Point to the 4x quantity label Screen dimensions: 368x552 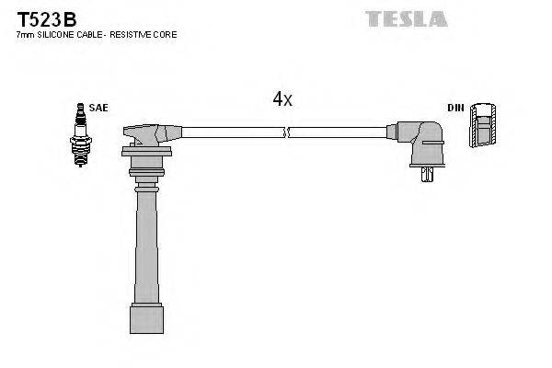(282, 99)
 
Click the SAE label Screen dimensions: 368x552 (98, 108)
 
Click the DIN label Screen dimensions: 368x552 (455, 108)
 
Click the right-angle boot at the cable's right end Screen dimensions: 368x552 (420, 143)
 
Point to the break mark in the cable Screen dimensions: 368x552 (287, 132)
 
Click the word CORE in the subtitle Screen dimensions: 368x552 (165, 34)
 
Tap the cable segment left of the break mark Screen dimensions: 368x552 (230, 132)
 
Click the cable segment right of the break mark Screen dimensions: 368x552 (340, 132)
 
